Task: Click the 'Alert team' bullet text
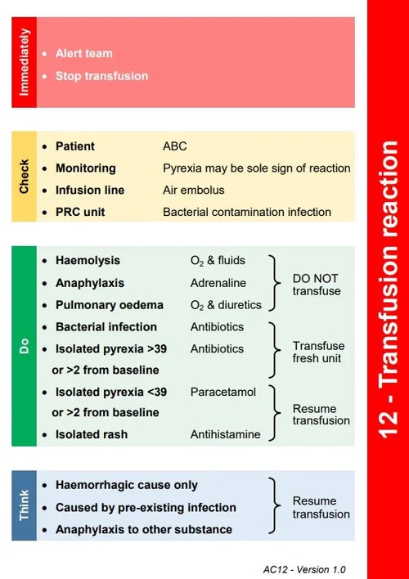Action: pyautogui.click(x=83, y=53)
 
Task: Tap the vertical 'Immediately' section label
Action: pyautogui.click(x=24, y=62)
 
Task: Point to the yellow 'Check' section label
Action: pyautogui.click(x=24, y=176)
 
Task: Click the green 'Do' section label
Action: pyautogui.click(x=24, y=346)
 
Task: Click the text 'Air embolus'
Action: pyautogui.click(x=193, y=190)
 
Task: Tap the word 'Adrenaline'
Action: pyautogui.click(x=218, y=282)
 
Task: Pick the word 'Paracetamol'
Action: pyautogui.click(x=223, y=392)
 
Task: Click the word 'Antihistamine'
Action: pyautogui.click(x=226, y=434)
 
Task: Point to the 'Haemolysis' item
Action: pyautogui.click(x=88, y=260)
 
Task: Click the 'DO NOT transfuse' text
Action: pyautogui.click(x=315, y=284)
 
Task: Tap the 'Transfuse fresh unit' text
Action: pyautogui.click(x=317, y=352)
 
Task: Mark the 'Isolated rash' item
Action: pyautogui.click(x=92, y=434)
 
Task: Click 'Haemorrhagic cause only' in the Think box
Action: pyautogui.click(x=126, y=485)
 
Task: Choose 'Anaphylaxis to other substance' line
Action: pyautogui.click(x=144, y=529)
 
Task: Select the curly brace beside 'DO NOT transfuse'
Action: pyautogui.click(x=276, y=282)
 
